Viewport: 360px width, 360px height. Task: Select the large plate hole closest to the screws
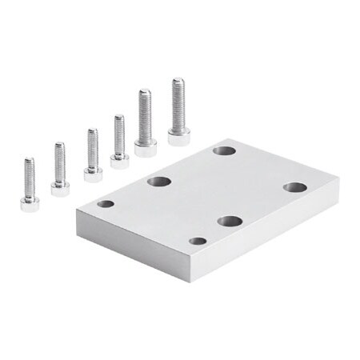[224, 150]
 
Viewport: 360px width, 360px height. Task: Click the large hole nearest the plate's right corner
[294, 187]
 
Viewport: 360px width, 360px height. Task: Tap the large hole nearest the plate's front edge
[230, 221]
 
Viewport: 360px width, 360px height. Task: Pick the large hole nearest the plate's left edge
[159, 182]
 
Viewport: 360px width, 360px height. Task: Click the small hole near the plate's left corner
[106, 204]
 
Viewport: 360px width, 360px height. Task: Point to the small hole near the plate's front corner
[198, 241]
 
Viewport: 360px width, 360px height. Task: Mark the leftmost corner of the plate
[75, 212]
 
